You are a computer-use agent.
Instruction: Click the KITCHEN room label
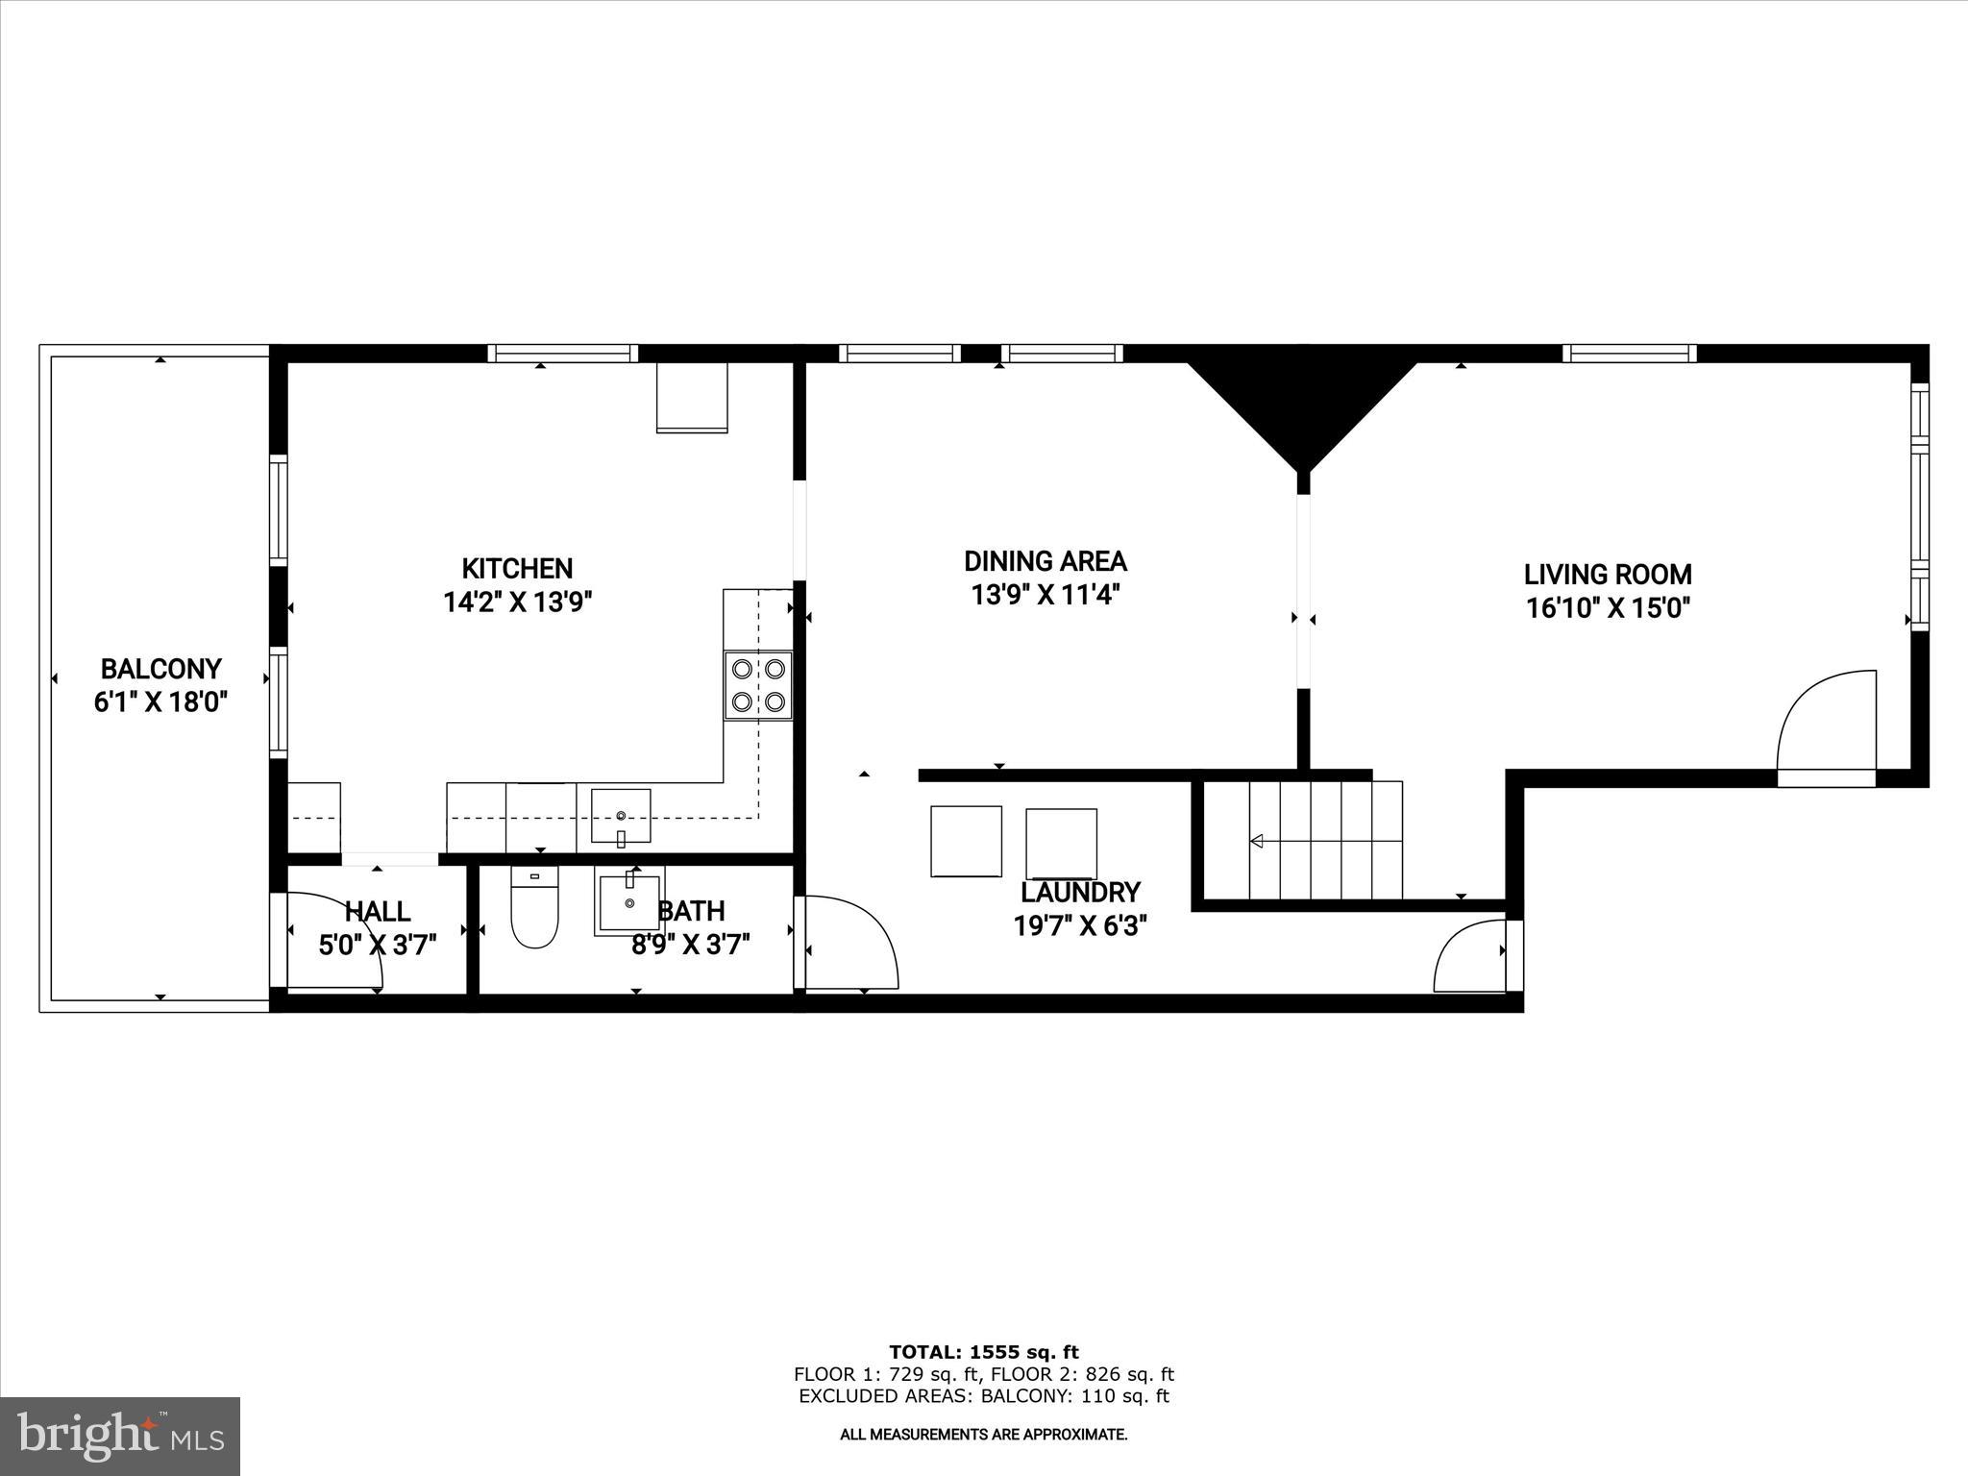517,569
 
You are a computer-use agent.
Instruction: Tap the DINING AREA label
1045,561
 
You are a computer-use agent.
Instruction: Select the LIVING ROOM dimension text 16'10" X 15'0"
1608,608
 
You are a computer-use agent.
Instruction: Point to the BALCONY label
160,669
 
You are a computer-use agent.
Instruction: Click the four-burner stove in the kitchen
758,685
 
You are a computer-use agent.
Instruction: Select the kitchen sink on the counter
621,816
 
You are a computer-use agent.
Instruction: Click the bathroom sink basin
629,902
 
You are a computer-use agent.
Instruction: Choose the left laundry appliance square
966,841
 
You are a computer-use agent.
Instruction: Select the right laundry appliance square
1061,844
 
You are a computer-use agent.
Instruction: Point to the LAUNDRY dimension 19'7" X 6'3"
1080,926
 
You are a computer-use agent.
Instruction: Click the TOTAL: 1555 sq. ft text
984,1353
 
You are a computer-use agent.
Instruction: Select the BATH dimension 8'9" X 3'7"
690,945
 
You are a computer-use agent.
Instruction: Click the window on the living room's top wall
1629,354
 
